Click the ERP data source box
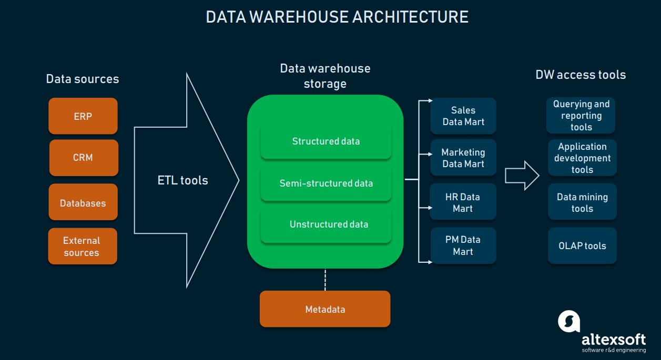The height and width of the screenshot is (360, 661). pyautogui.click(x=83, y=116)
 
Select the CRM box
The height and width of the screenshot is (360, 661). pyautogui.click(x=83, y=158)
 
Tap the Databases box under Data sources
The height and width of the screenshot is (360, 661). pyautogui.click(x=83, y=202)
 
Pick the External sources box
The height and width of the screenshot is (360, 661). pyautogui.click(x=82, y=246)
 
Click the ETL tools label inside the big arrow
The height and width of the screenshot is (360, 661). pyautogui.click(x=183, y=181)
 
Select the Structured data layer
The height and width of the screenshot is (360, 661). pyautogui.click(x=326, y=141)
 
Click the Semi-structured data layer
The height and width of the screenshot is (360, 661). pyautogui.click(x=326, y=183)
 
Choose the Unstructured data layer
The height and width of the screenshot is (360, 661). pyautogui.click(x=326, y=225)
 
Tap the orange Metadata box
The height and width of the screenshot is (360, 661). pyautogui.click(x=325, y=309)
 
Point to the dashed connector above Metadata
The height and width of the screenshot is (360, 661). pyautogui.click(x=325, y=280)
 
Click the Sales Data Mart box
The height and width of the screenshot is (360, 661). pyautogui.click(x=463, y=116)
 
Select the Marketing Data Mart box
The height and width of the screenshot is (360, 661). pyautogui.click(x=463, y=158)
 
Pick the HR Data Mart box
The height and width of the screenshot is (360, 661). pyautogui.click(x=463, y=202)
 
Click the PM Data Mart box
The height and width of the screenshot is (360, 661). pyautogui.click(x=463, y=245)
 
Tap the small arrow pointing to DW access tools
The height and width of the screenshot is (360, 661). pyautogui.click(x=522, y=176)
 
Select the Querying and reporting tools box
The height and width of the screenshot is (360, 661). pyautogui.click(x=581, y=116)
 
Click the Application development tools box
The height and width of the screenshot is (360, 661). pyautogui.click(x=582, y=158)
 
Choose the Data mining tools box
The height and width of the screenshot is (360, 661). pyautogui.click(x=582, y=202)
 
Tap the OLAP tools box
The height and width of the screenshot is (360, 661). pyautogui.click(x=582, y=246)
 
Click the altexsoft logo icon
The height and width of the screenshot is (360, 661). pyautogui.click(x=569, y=321)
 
